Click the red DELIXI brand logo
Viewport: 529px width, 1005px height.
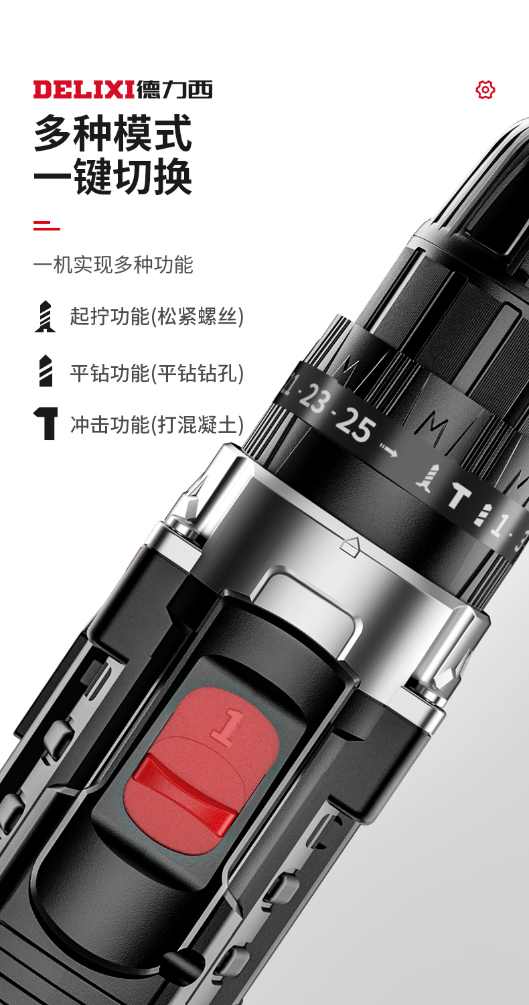(x=84, y=89)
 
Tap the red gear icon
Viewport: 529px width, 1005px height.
(x=485, y=90)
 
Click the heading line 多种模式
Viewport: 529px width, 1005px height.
(x=113, y=133)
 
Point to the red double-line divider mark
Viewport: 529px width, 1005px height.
(x=47, y=225)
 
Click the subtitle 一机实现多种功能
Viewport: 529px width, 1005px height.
(x=113, y=265)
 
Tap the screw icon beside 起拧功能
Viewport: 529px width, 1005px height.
(x=46, y=317)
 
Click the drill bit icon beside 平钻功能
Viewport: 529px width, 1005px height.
(x=46, y=371)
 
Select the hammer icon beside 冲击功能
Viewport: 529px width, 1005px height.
(x=46, y=423)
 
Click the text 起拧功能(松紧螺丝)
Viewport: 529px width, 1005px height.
(x=157, y=316)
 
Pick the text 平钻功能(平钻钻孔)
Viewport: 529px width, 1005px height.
(x=157, y=373)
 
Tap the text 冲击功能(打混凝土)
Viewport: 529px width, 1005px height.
(x=157, y=424)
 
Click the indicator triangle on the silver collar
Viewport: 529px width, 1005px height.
(x=350, y=546)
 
